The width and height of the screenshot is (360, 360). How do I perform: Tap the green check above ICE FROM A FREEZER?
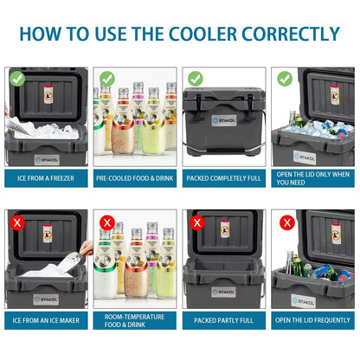tap(17, 78)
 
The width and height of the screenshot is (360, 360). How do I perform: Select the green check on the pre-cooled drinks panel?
tap(106, 78)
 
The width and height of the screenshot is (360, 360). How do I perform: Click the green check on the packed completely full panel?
tap(196, 78)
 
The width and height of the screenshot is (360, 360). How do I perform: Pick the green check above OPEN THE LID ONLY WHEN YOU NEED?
tap(285, 78)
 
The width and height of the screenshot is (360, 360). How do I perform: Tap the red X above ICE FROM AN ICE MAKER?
tap(17, 222)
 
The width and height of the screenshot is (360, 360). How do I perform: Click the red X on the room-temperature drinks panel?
tap(106, 222)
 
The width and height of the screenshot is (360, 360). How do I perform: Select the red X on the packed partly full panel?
tap(196, 222)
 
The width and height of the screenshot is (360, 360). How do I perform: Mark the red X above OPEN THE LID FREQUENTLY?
tap(285, 222)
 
